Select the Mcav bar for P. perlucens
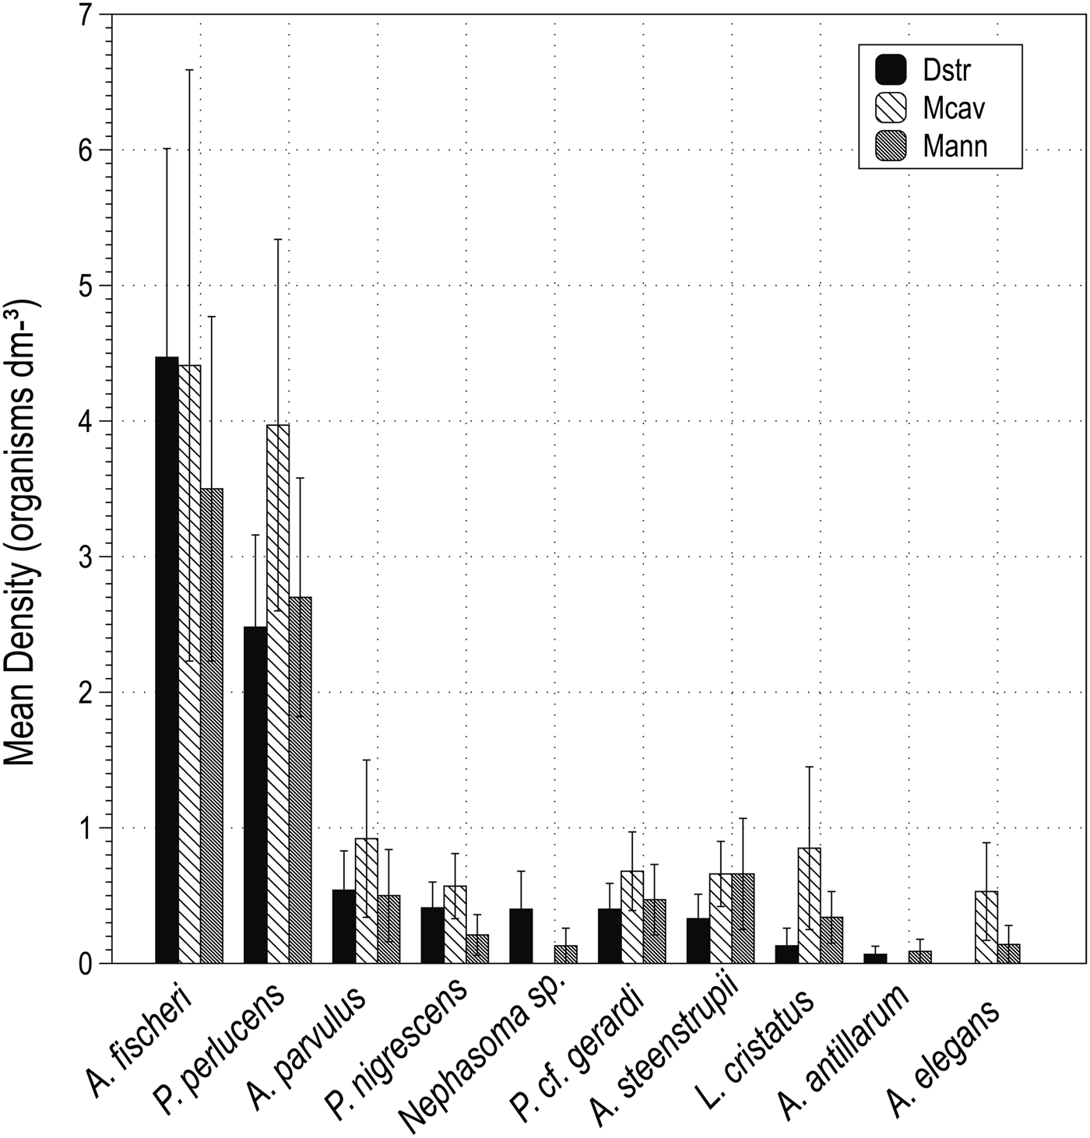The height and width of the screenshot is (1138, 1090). pyautogui.click(x=278, y=694)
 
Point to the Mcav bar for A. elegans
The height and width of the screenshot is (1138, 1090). pyautogui.click(x=986, y=927)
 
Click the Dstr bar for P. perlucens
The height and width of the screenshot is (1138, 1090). pyautogui.click(x=255, y=795)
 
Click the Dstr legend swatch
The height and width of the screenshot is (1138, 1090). pyautogui.click(x=891, y=70)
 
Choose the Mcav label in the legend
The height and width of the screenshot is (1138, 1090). pyautogui.click(x=955, y=108)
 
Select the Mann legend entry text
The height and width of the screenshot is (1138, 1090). pyautogui.click(x=955, y=146)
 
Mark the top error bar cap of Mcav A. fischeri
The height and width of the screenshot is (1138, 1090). pyautogui.click(x=189, y=70)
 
